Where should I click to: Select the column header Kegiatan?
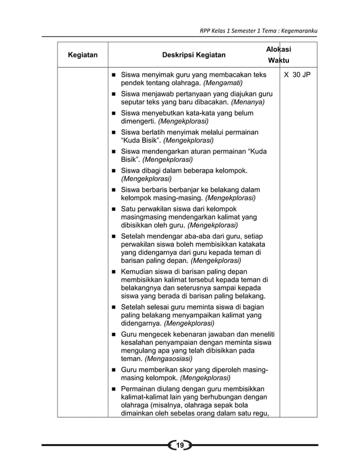82,55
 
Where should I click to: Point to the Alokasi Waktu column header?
279,55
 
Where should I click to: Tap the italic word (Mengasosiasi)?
168,358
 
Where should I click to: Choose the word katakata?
252,244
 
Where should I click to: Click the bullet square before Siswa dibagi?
113,170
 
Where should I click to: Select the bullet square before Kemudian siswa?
113,272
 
